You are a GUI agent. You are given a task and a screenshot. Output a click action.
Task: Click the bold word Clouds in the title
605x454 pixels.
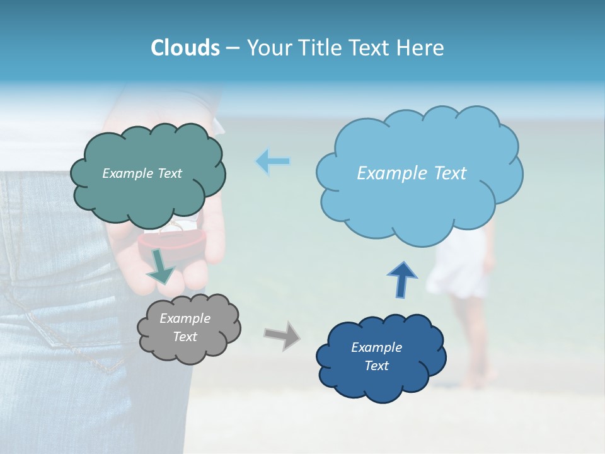tap(185, 48)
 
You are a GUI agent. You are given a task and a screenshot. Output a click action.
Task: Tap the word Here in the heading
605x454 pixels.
tap(422, 48)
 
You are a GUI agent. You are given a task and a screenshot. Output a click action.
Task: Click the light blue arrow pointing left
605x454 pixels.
tap(273, 161)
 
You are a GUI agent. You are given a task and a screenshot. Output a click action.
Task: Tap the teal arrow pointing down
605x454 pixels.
tap(161, 265)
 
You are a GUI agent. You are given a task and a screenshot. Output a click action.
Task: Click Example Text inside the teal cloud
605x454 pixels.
tap(142, 173)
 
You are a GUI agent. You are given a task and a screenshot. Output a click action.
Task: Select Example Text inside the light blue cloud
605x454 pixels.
tap(412, 173)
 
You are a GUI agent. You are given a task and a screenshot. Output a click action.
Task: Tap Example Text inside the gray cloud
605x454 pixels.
tap(185, 328)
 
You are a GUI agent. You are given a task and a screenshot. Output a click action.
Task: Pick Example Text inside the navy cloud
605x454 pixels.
tap(376, 356)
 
